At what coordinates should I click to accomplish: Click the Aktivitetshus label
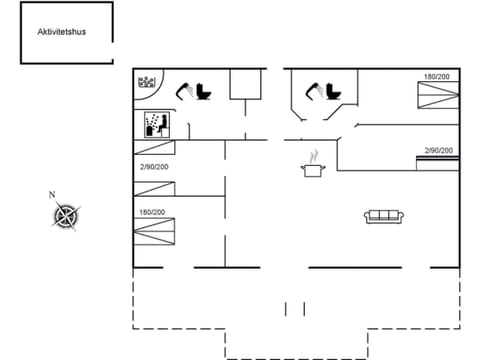62,32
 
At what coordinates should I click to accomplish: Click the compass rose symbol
66,216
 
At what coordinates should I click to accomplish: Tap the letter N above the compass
52,194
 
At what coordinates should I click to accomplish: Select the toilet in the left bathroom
205,92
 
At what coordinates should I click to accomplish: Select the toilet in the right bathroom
333,92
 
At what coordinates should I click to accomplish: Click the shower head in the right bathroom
313,91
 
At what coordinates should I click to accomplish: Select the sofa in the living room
384,215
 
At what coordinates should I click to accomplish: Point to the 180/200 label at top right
435,77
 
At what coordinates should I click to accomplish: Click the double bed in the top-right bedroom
436,95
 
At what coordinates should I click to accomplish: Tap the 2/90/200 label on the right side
438,150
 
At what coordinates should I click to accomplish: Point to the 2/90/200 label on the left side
154,166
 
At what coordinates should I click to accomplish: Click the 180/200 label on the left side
152,212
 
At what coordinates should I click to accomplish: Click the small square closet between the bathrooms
243,85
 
